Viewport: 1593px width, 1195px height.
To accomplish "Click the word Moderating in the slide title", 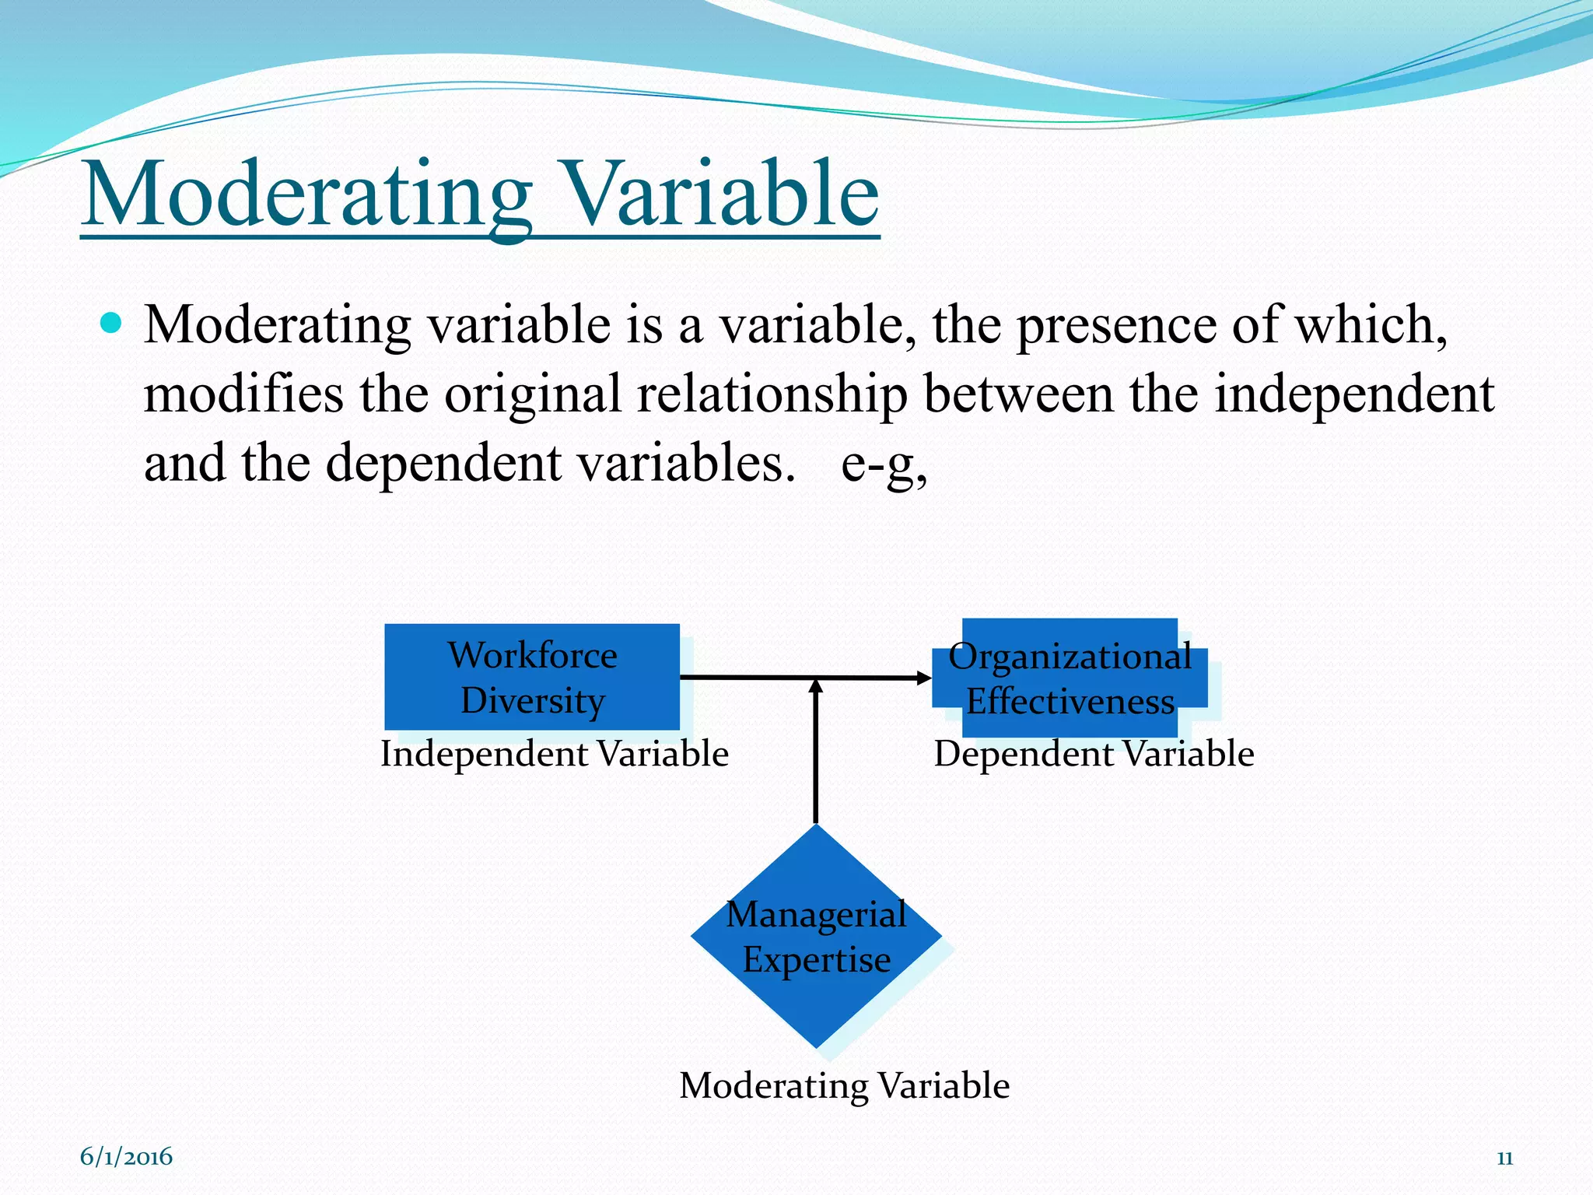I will pyautogui.click(x=307, y=194).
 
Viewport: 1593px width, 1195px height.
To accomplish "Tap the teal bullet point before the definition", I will pyautogui.click(x=112, y=323).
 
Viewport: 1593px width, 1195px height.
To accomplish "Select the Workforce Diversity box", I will pyautogui.click(x=532, y=677).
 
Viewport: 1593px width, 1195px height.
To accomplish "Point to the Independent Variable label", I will pyautogui.click(x=554, y=754).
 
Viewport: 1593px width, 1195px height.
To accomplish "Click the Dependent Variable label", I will pyautogui.click(x=1093, y=754).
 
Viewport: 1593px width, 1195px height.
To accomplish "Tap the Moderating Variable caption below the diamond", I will pyautogui.click(x=844, y=1085).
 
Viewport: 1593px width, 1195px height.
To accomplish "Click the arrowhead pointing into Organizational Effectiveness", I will pyautogui.click(x=923, y=678).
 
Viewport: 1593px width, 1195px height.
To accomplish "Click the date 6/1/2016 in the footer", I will pyautogui.click(x=126, y=1157).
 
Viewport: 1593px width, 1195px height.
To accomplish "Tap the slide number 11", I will pyautogui.click(x=1504, y=1158).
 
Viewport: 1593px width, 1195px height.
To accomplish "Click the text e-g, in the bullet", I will pyautogui.click(x=884, y=464).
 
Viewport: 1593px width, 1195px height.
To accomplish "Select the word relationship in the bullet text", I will pyautogui.click(x=772, y=394).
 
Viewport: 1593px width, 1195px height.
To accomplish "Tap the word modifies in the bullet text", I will pyautogui.click(x=243, y=394).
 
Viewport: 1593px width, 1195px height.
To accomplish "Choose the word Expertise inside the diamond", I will pyautogui.click(x=816, y=960).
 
